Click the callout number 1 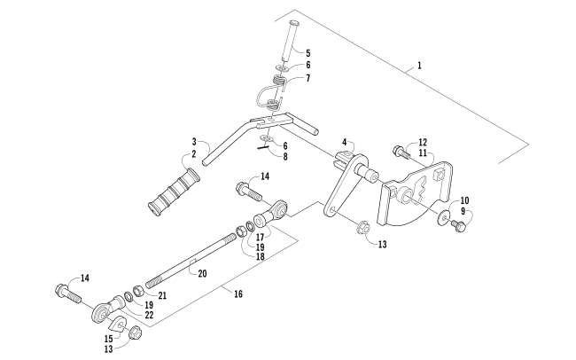coord(420,67)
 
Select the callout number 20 coord(202,274)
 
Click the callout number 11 coord(423,153)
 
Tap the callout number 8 coord(285,156)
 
